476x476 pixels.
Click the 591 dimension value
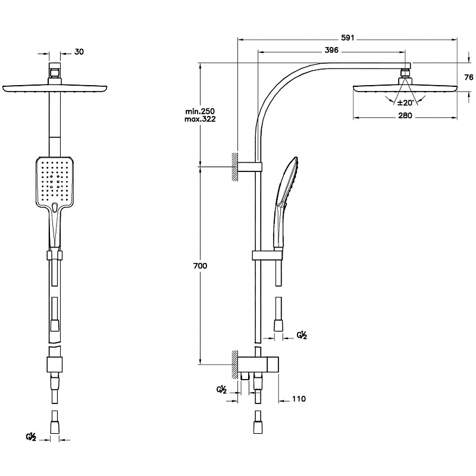[347, 37]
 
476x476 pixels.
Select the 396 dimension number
[331, 50]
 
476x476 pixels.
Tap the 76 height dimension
[468, 77]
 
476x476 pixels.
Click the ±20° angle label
[406, 102]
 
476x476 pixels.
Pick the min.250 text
[200, 111]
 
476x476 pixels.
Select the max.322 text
[200, 120]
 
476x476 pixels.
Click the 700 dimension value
[200, 266]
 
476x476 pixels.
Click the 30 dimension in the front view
[79, 52]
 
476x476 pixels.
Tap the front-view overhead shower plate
[55, 88]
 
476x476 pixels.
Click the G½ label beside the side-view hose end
[302, 336]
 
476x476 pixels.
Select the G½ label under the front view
[32, 438]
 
